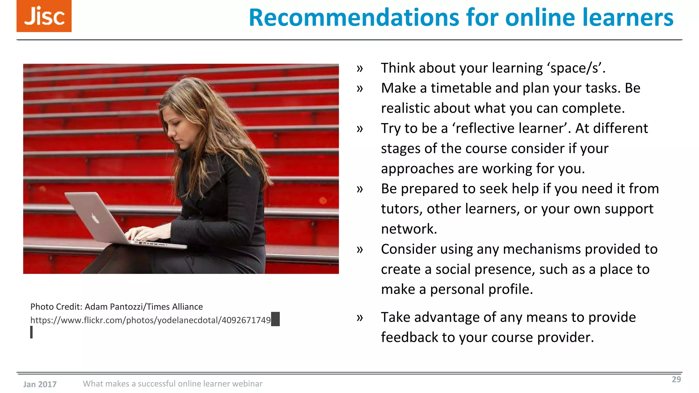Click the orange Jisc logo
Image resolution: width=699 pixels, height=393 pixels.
44,16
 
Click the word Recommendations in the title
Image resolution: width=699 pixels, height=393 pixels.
354,17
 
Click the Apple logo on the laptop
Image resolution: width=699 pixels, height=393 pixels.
95,218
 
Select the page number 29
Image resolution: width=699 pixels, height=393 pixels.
676,379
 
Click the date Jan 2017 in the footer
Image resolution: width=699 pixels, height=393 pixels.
40,384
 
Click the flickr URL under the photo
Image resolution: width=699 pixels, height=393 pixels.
151,320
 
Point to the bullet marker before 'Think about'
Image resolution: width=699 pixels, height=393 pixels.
360,69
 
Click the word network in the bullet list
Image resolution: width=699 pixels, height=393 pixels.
409,229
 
